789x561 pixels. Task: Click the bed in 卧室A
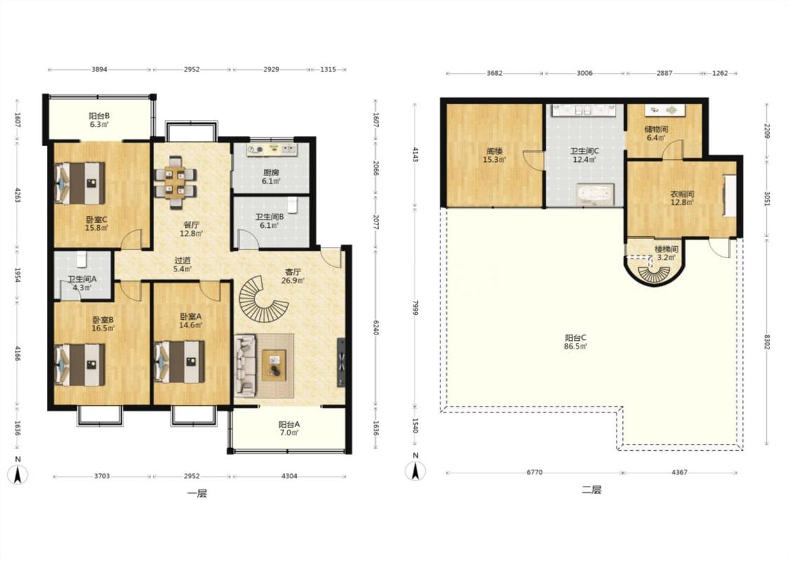coord(179,363)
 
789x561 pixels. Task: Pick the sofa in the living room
coord(246,366)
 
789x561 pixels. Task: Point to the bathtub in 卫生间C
coord(595,195)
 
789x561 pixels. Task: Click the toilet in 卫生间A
coord(82,259)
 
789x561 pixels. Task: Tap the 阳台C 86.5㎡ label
coord(576,342)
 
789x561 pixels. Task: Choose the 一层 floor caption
coord(197,494)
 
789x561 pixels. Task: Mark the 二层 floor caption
coord(591,489)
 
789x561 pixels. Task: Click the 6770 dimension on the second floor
coord(534,473)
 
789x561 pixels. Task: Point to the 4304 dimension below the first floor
coord(290,476)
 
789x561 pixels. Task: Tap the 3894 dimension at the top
coord(99,69)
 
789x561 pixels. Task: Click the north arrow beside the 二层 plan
coord(415,468)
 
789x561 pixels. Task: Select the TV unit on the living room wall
coord(341,363)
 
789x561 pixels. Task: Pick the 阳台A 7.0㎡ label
coord(289,428)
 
